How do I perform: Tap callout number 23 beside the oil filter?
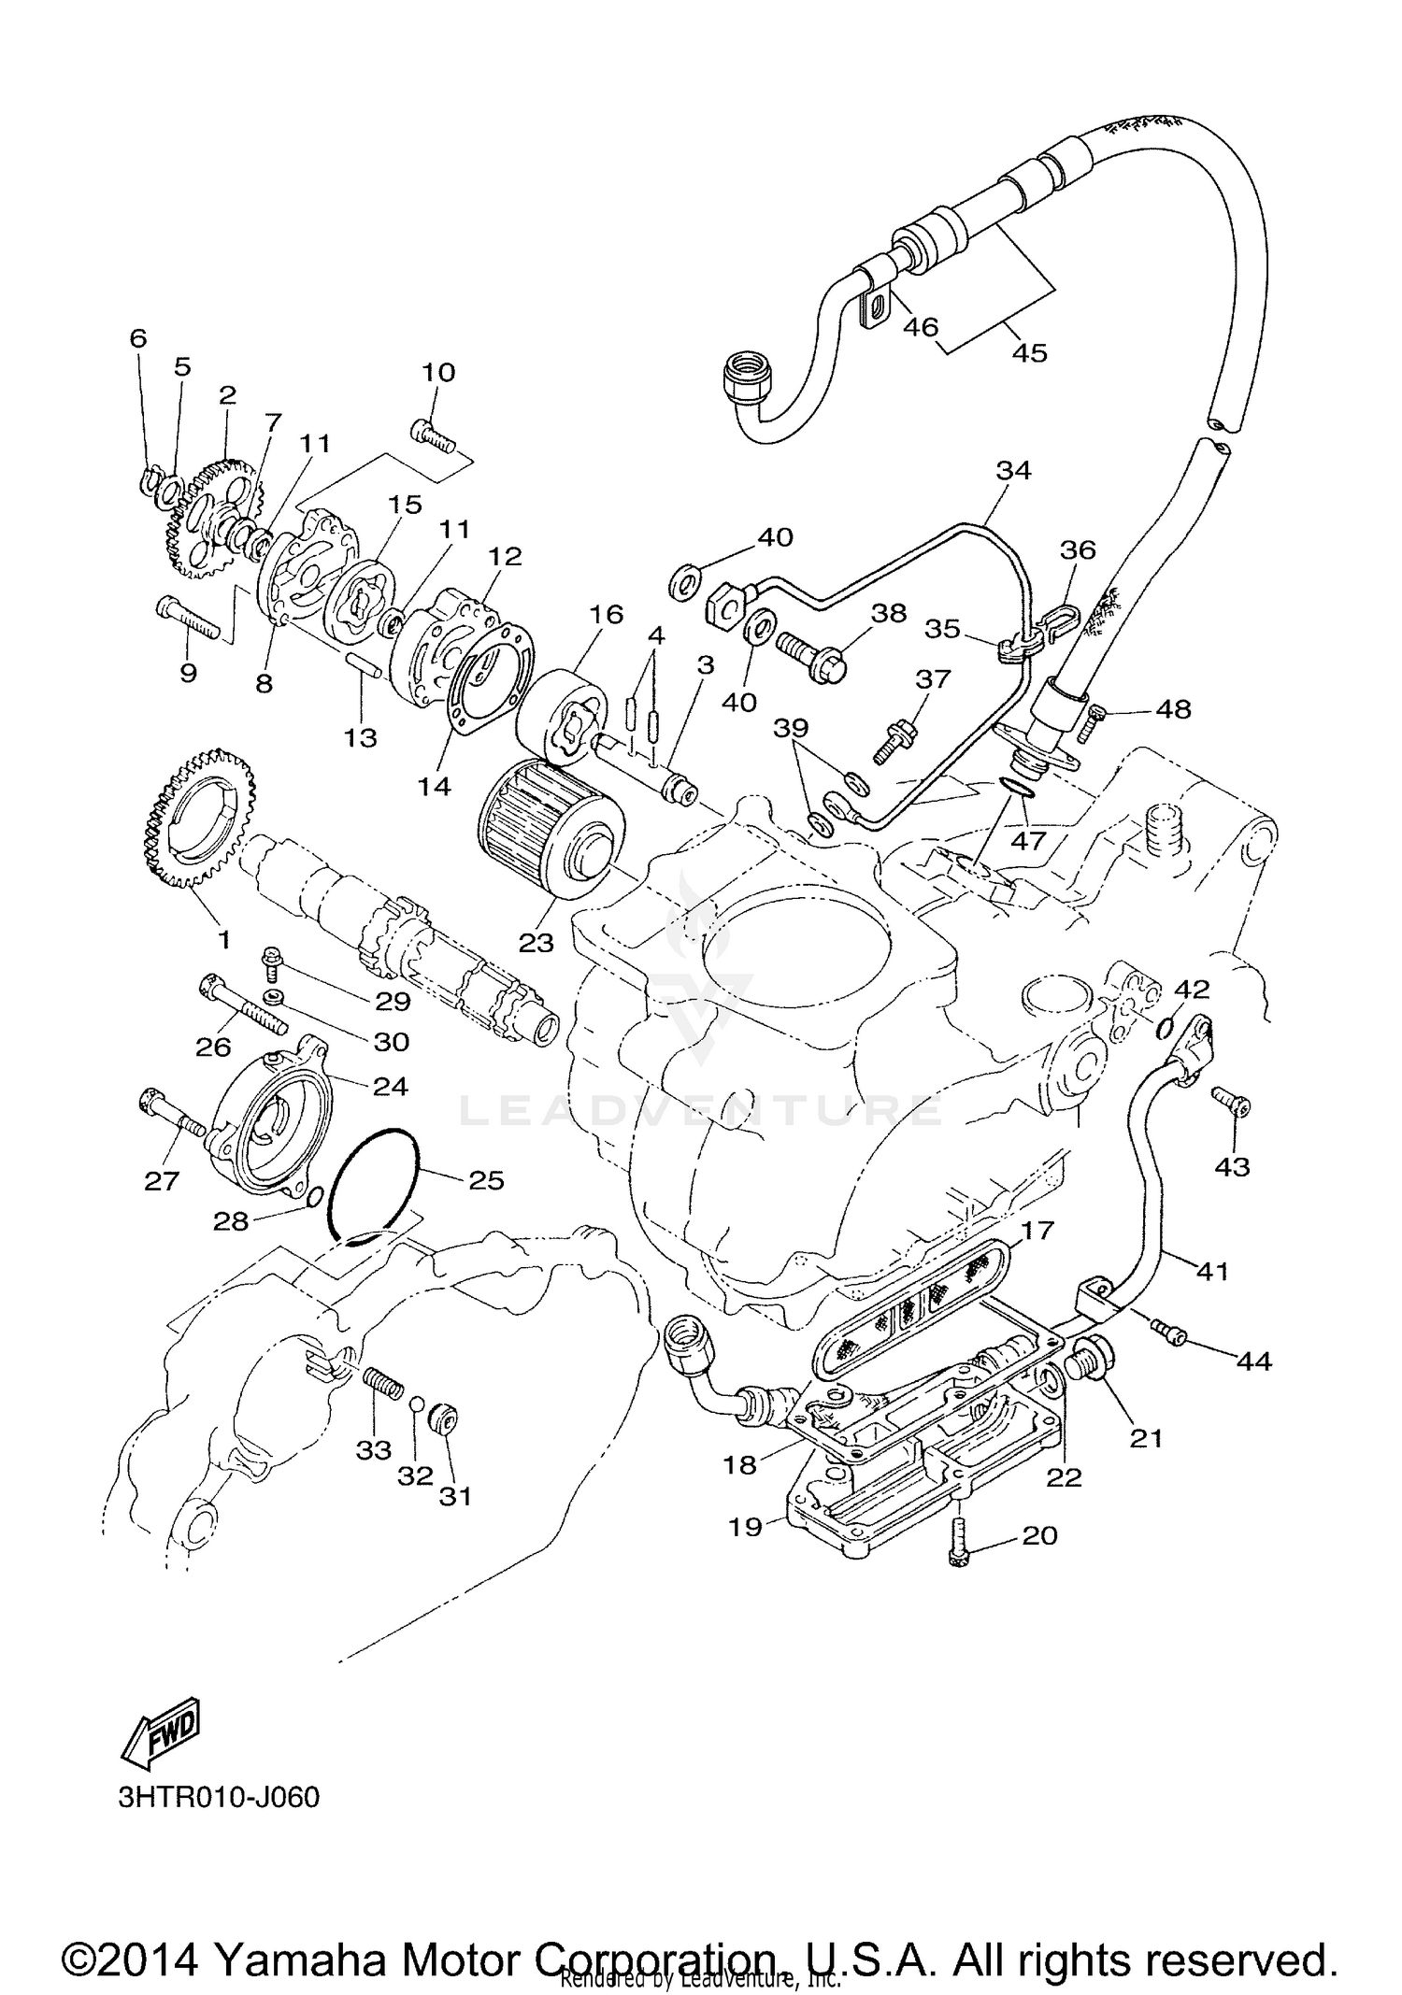[x=536, y=943]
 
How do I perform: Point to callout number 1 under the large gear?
[x=224, y=937]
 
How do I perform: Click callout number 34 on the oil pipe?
[x=1013, y=470]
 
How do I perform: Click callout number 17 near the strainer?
[x=1037, y=1230]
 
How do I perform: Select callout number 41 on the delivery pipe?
[x=1212, y=1271]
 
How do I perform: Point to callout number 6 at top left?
[x=138, y=338]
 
